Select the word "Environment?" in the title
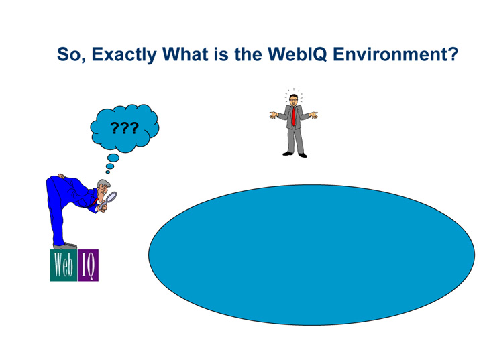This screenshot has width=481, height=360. click(x=397, y=55)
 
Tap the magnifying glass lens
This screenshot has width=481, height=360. click(x=112, y=196)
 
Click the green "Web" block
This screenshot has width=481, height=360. click(x=63, y=265)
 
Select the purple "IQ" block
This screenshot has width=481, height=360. click(x=88, y=265)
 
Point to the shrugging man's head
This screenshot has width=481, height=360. click(x=293, y=100)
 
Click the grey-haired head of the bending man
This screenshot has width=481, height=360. click(x=103, y=188)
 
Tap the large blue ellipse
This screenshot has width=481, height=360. click(x=311, y=255)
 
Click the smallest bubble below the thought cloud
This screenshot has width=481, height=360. click(x=108, y=172)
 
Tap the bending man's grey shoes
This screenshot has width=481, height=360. click(x=66, y=246)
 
